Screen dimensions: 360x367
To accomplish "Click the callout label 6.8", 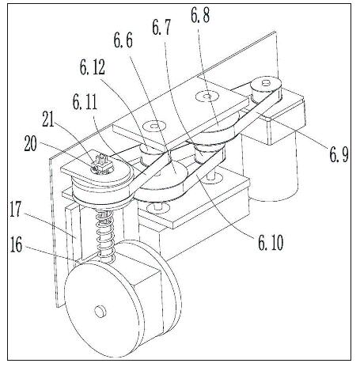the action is pos(200,15).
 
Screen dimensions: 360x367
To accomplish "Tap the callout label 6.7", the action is pos(161,27).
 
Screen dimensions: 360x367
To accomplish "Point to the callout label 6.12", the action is pos(93,67).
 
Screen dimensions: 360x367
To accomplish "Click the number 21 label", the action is pos(48,119).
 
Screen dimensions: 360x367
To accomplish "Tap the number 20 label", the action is pos(30,143).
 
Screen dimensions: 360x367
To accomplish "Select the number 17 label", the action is pos(15,210).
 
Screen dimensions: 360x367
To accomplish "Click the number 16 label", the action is pos(16,244).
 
